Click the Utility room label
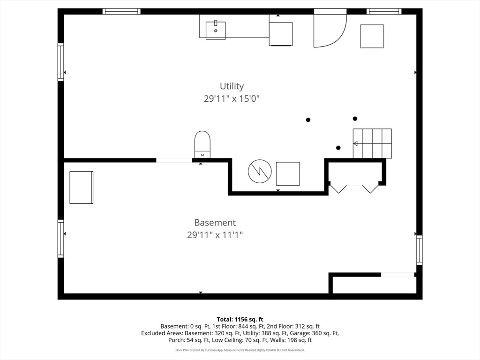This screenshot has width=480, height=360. tap(232, 86)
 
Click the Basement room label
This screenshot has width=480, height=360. tap(215, 223)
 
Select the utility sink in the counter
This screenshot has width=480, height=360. tap(216, 30)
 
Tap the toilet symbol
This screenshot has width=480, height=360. tap(202, 144)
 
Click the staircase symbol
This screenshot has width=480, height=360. tap(372, 143)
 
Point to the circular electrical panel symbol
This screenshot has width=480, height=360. tap(260, 171)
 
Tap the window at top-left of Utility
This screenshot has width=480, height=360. tap(121, 11)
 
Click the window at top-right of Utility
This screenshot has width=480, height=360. tap(384, 11)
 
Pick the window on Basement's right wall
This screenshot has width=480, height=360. tap(419, 250)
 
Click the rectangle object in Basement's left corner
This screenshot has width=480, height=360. tap(82, 187)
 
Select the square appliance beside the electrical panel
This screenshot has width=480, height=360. tap(288, 173)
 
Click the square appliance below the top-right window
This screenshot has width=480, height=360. tap(372, 37)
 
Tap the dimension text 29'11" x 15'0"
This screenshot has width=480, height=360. tap(232, 98)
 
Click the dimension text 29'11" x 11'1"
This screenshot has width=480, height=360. tap(215, 235)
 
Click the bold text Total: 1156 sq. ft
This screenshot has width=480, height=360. tap(240, 320)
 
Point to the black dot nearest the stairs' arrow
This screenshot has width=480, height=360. tap(338, 148)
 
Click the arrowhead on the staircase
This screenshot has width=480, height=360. tap(355, 143)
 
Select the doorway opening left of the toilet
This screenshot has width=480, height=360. tap(174, 160)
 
